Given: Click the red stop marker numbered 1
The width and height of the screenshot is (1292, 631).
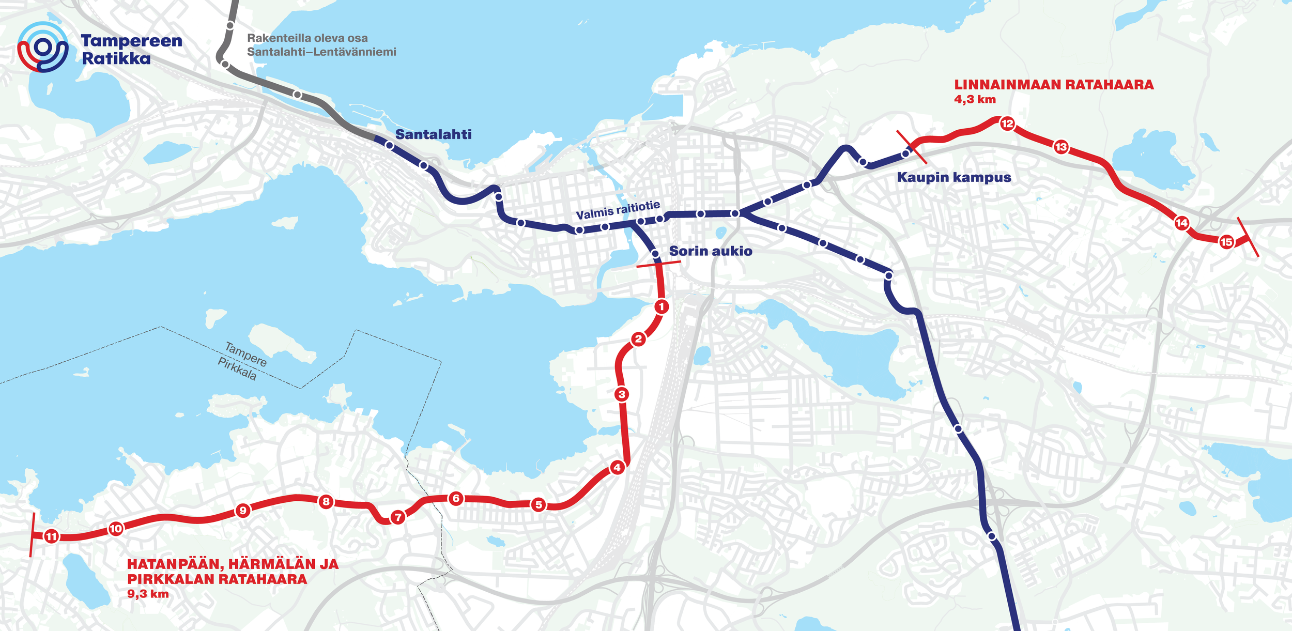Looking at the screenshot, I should (x=662, y=306).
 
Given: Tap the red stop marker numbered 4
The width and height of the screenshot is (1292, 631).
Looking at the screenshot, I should (x=617, y=468).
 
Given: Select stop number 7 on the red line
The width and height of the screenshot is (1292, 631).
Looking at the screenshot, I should (x=397, y=517).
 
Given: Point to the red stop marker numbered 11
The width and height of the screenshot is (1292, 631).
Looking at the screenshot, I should (x=51, y=536).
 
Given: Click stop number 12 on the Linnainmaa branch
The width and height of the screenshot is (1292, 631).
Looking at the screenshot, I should (x=1007, y=124).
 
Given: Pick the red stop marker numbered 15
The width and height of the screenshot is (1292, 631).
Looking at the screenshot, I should (x=1226, y=242).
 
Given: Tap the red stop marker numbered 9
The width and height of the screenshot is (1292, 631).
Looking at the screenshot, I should (x=242, y=511).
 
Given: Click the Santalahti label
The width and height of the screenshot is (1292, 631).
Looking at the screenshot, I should (x=433, y=134).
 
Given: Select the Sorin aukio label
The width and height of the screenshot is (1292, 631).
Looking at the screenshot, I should (x=711, y=251).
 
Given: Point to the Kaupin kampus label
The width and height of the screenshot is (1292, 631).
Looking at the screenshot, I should (x=953, y=177).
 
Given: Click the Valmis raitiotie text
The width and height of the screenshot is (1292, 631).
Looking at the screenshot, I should (x=618, y=210).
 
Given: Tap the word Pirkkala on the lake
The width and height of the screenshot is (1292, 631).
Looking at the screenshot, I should (x=237, y=368).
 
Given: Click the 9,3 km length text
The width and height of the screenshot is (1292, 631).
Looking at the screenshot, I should (x=148, y=594).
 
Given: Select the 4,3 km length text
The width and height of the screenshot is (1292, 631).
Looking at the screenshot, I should (x=975, y=99).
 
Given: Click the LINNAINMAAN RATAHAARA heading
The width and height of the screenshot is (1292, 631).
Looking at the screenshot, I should (x=1053, y=85).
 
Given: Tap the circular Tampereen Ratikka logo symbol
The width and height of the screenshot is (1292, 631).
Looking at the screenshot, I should (x=43, y=47).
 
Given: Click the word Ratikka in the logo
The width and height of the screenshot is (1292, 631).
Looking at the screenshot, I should (x=116, y=58).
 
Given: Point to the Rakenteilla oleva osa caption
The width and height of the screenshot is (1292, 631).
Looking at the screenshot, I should (x=307, y=38).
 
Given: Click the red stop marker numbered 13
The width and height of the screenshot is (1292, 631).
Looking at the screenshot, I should (x=1061, y=147).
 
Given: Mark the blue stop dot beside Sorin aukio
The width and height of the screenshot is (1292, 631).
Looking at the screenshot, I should (x=655, y=254).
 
